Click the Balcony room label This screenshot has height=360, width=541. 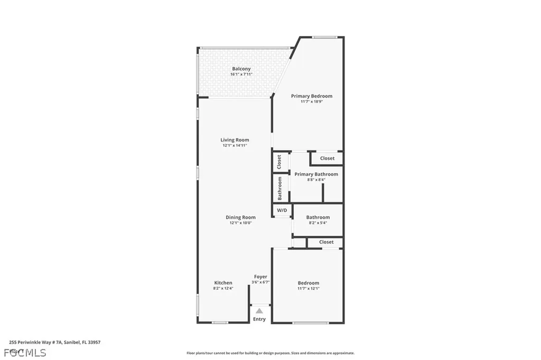tap(241, 69)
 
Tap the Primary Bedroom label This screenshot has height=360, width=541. tap(312, 96)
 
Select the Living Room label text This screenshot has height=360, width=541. tap(235, 140)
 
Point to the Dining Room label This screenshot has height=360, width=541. tap(240, 217)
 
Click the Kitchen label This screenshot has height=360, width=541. tap(223, 283)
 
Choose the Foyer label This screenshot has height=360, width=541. tap(260, 277)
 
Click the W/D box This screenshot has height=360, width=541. tap(282, 211)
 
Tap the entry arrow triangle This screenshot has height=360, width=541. tap(259, 311)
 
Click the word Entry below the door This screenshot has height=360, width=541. tap(259, 319)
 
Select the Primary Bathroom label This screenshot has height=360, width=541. tap(316, 174)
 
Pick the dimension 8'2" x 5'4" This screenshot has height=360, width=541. tap(318, 223)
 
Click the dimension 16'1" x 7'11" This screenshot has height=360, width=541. tap(241, 74)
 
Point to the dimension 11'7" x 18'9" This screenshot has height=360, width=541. tap(312, 102)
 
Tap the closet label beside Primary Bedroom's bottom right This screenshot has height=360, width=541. tap(327, 158)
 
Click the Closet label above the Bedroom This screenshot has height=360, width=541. tap(326, 242)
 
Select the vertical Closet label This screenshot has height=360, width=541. tap(279, 162)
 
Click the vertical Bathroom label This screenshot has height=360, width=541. tap(280, 188)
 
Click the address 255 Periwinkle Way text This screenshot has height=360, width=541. tap(55, 342)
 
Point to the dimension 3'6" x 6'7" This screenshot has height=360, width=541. tap(260, 282)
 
